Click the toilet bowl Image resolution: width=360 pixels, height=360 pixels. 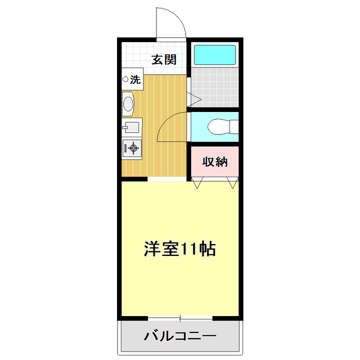tap(217, 127)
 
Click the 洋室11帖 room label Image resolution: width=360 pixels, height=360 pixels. tap(180, 249)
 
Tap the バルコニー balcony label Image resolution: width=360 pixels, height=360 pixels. tap(180, 336)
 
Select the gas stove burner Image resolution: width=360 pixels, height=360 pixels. tap(133, 148)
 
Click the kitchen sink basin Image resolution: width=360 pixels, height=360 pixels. tap(130, 127)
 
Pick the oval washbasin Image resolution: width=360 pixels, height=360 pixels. tap(129, 104)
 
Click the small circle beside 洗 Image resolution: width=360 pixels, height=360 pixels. tap(125, 80)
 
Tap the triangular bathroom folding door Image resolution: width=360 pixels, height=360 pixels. tap(195, 100)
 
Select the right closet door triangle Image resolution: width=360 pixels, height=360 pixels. tap(233, 183)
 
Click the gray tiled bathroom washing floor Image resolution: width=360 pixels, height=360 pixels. tap(214, 87)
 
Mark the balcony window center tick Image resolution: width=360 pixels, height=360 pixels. tap(180, 319)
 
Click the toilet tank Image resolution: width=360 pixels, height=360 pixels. tap(233, 127)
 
